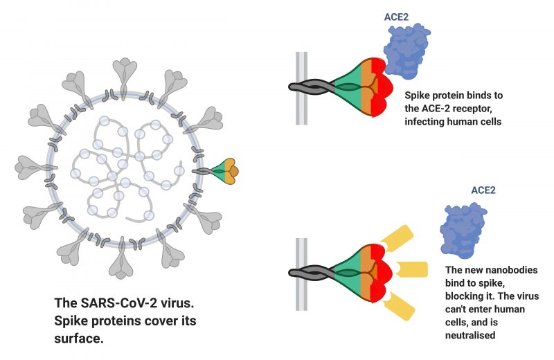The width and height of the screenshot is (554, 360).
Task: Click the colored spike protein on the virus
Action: coord(222,171)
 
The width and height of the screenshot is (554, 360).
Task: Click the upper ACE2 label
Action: coord(396,17)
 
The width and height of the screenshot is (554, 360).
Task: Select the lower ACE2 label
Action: coord(483,190)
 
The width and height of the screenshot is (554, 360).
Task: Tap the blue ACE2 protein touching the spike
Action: coord(406,50)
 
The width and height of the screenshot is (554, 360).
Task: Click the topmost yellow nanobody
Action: coord(397,238)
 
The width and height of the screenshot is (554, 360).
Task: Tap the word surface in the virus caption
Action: coord(79,339)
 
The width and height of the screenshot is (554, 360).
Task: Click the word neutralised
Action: coord(470,335)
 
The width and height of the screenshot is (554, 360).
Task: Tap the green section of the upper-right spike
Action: coord(348,84)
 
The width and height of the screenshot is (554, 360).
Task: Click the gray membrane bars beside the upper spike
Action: coord(301,89)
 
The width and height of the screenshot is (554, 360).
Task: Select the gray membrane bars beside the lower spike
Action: coord(301,275)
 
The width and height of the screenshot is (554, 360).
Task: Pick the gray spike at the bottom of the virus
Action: coord(121,259)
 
